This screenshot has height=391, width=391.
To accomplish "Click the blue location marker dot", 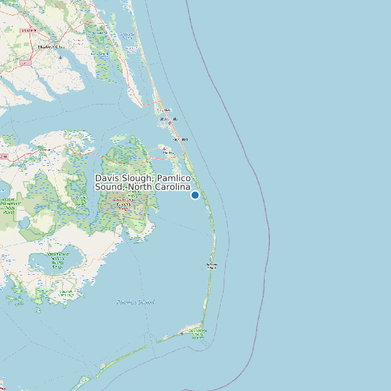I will pos(195,195).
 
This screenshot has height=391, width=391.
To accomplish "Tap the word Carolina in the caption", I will pos(170,188).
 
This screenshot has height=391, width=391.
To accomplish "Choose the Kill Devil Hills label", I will pos(168,118).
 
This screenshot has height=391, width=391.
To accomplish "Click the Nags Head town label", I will pos(180,139).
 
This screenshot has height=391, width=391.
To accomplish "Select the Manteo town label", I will pos(167,152).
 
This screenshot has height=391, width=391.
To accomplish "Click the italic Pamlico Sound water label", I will pos(136,302).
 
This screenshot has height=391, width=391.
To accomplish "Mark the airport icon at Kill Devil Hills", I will pos(170,123).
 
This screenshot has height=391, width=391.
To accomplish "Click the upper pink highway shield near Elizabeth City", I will pos(27,31).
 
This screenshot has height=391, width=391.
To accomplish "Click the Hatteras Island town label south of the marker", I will pos(211,266).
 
